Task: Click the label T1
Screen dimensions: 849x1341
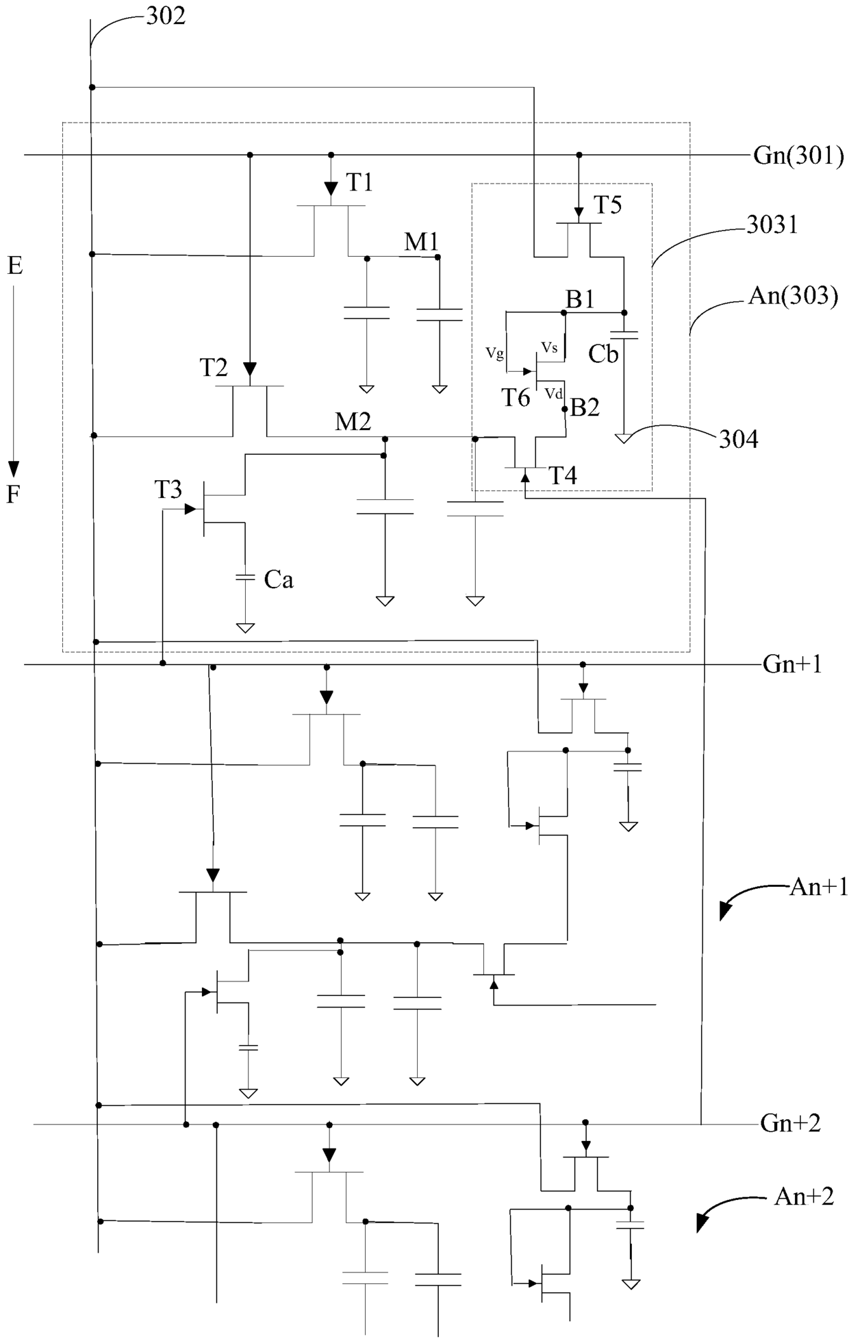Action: coord(359,183)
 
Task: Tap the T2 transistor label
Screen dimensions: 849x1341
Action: coord(214,368)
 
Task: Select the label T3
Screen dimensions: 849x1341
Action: coord(168,490)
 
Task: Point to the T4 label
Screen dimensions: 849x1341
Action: coord(563,476)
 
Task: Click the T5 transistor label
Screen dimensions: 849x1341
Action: coord(607,205)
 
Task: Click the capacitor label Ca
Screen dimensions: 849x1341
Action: coord(279,580)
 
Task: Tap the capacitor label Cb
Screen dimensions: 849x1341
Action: coord(603,354)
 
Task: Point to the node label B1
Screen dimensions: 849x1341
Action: coord(579,299)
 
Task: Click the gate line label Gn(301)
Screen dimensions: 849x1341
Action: coord(798,156)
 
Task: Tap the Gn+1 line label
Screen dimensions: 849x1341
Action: coord(791,664)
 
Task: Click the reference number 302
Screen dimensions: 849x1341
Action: coord(166,16)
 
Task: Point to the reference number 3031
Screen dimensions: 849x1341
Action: coord(772,225)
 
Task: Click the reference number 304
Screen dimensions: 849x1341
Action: coord(738,439)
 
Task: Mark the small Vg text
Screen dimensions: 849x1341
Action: coord(495,353)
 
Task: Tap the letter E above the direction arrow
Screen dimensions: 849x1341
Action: coord(15,266)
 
